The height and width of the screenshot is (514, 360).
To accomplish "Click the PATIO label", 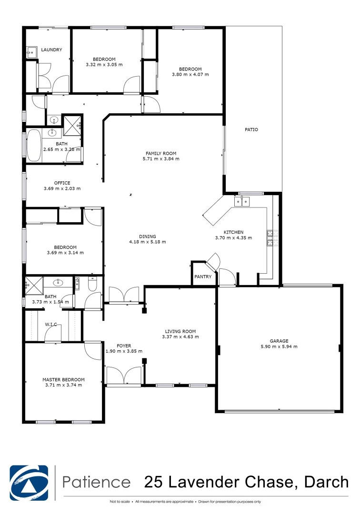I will pos(251,129).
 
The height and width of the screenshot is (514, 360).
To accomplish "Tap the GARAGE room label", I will pos(279,341).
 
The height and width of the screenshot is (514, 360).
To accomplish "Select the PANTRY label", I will pos(203,277).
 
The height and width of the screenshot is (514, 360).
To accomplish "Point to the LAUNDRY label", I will pos(51,49).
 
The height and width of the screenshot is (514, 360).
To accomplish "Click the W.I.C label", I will pos(51,324).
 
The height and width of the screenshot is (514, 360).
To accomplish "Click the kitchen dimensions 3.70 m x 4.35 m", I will pos(233,237).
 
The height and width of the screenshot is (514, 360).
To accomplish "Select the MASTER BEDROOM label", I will pos(63,379).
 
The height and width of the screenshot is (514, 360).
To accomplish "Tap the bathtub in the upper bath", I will pos(34,146).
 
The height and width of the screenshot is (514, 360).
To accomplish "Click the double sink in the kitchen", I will pos(241,202).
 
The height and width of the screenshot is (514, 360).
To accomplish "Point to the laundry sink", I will pos(31,52).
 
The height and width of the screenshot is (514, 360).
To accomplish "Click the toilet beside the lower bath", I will pos(92,284).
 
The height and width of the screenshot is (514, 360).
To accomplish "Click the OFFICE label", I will pos(62,183).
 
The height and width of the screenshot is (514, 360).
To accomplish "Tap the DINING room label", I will pos(147,237).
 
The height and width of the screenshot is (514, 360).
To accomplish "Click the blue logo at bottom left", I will pos(29,482).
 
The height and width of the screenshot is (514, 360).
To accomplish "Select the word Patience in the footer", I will pos(97,482).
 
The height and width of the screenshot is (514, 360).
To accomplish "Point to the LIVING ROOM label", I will pos(180,331).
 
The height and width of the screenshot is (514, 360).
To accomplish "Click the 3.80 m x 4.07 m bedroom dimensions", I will pos(190,74).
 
